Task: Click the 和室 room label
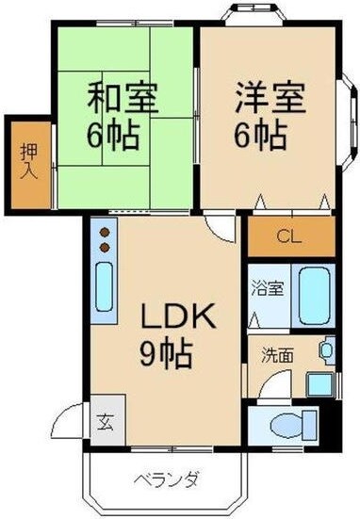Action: pos(123,97)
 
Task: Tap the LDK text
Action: pos(180,317)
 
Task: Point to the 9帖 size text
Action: pos(168,355)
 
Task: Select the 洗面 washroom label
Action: pos(276,356)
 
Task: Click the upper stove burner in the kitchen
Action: pos(105,231)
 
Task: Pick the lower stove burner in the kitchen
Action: pos(105,246)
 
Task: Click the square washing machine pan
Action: pos(320,384)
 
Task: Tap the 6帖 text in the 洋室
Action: pos(260,136)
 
